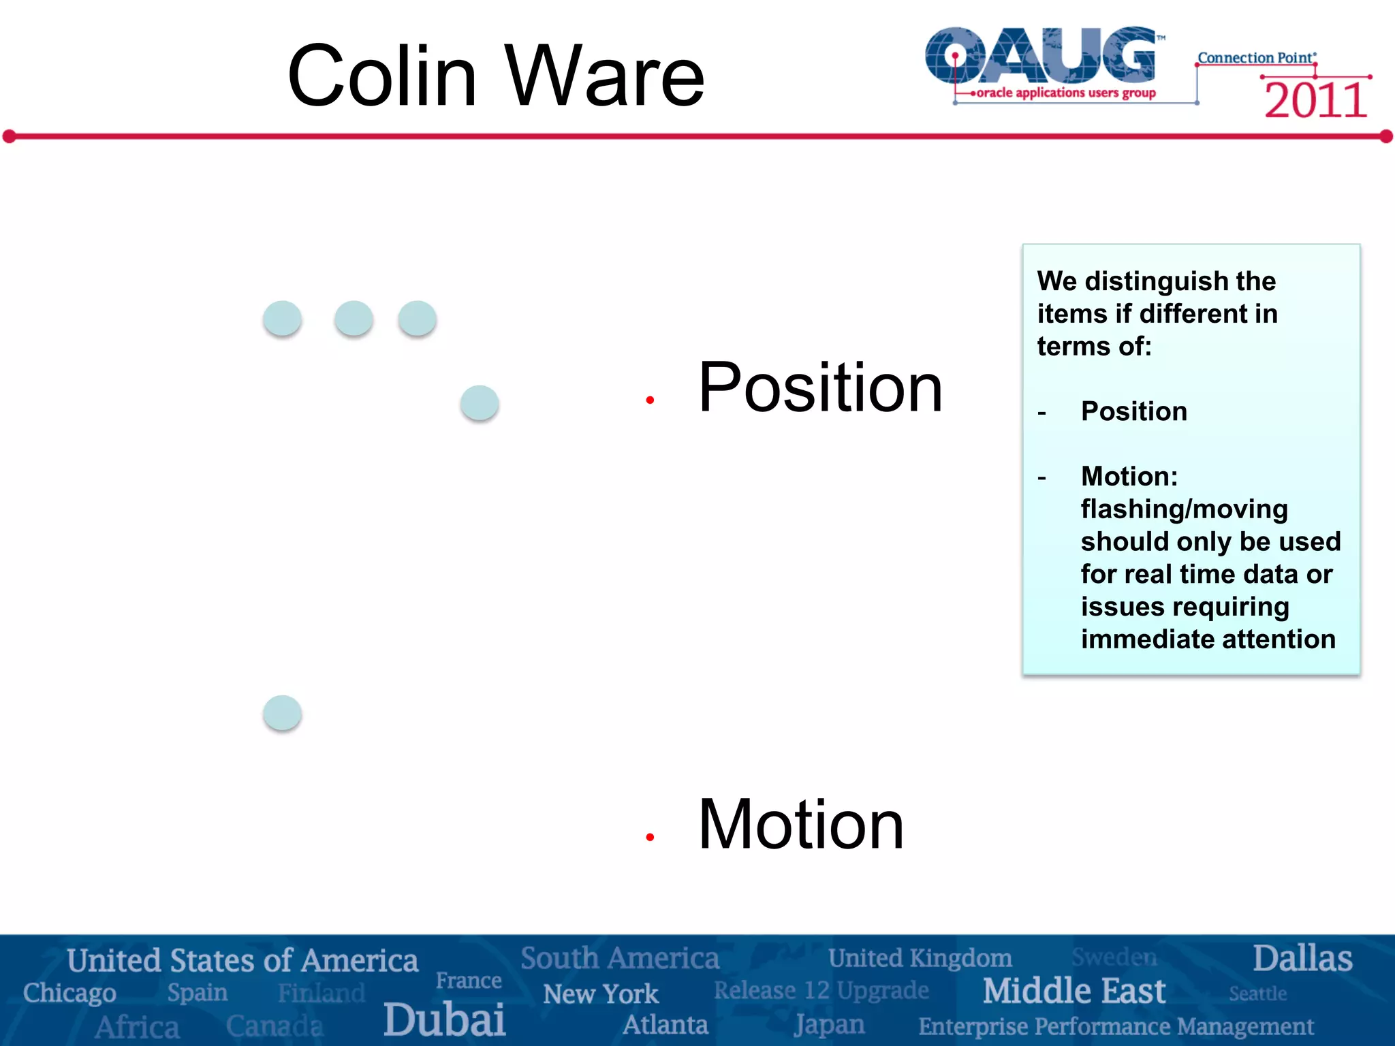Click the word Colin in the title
[381, 76]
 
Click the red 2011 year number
[1315, 101]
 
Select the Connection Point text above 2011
[1256, 58]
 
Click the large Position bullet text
[820, 387]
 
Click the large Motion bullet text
[801, 825]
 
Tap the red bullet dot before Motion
[650, 837]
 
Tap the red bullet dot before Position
[650, 400]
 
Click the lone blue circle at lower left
[282, 713]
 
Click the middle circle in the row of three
[354, 318]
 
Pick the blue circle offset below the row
[480, 402]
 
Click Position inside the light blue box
[1134, 411]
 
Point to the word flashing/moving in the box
[1184, 509]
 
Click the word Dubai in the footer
[444, 1019]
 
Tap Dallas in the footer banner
[1302, 958]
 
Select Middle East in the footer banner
[1073, 991]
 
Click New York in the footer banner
[601, 994]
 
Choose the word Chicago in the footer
[69, 993]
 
